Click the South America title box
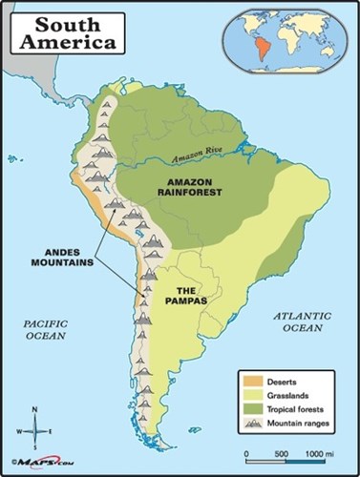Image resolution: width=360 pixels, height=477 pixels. coord(64,31)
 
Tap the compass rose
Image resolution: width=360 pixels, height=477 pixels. coord(35,428)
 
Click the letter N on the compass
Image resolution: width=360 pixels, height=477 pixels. coord(35,409)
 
